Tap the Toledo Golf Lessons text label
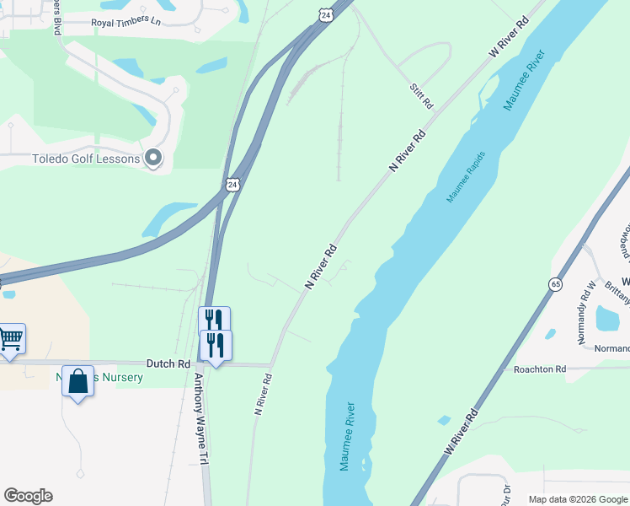coord(85,159)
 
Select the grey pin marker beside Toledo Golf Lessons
coord(153,158)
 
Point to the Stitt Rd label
coord(421,95)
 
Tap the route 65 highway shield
coord(555,285)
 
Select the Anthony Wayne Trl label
coord(201,418)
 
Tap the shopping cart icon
coord(10,339)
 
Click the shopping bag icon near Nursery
coord(78,381)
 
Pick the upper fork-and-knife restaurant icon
coord(214,320)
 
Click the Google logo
coord(28,496)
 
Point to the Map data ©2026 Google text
coord(577,499)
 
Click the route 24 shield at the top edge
coord(326,13)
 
